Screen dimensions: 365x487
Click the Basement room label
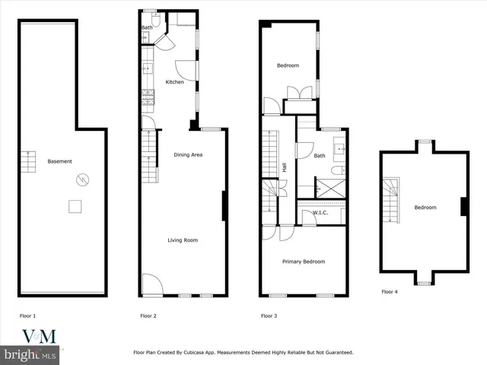click(x=59, y=161)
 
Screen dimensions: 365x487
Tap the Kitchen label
click(x=174, y=81)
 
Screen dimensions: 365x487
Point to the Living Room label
click(x=183, y=240)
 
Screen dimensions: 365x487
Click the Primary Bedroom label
click(x=304, y=262)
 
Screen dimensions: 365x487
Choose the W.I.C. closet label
click(x=320, y=214)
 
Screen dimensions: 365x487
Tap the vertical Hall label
click(x=285, y=167)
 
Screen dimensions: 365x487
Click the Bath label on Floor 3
click(x=320, y=156)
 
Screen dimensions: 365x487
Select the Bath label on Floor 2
click(x=146, y=28)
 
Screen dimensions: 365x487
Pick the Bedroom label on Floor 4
click(x=425, y=208)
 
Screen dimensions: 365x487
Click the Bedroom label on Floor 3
click(x=288, y=65)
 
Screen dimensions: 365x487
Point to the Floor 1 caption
click(x=27, y=315)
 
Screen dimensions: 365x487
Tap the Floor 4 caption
click(x=390, y=291)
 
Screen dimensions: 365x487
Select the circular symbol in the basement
click(x=81, y=180)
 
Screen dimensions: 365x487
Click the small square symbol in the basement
click(x=75, y=206)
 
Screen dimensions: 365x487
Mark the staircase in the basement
click(x=28, y=161)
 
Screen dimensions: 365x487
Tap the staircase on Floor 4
click(x=390, y=199)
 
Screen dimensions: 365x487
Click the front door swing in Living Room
click(x=151, y=284)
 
